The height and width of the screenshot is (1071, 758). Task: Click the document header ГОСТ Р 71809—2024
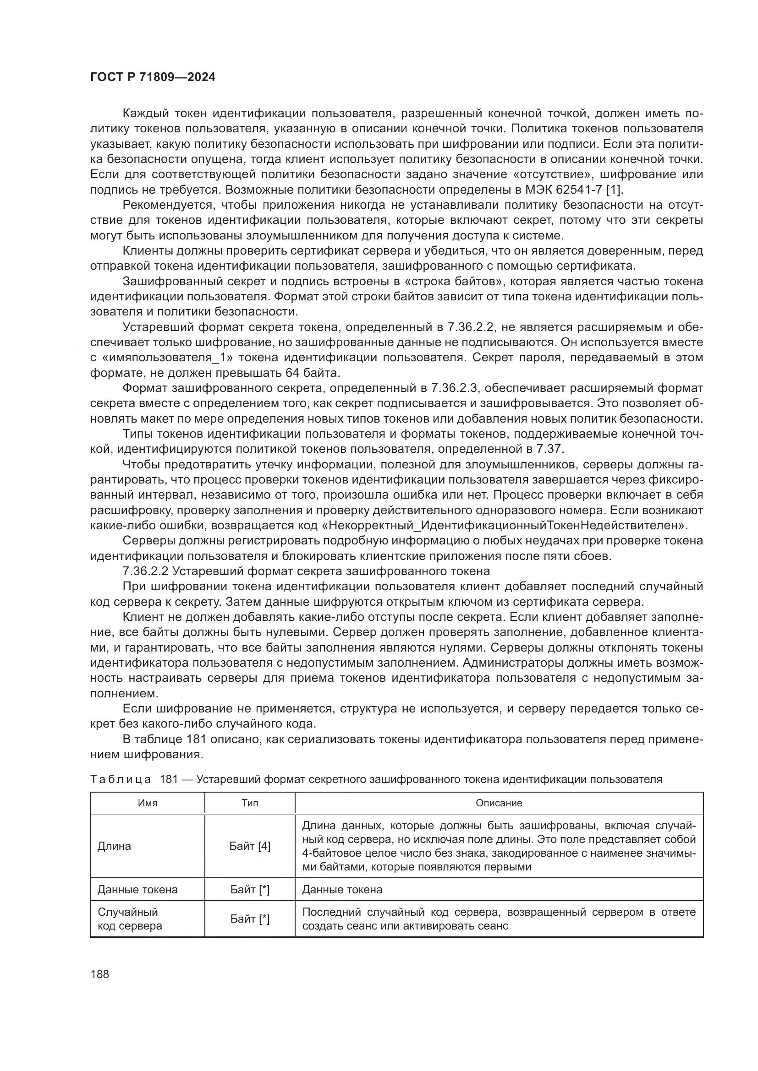click(x=153, y=77)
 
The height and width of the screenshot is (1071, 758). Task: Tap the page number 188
click(x=100, y=974)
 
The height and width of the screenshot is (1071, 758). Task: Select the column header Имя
click(x=148, y=803)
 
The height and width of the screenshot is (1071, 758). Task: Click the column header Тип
click(x=250, y=803)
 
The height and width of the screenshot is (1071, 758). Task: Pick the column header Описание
click(x=499, y=803)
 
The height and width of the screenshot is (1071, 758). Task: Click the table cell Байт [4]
click(x=250, y=846)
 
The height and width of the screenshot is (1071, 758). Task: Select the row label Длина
click(x=115, y=846)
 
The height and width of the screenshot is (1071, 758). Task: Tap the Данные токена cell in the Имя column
click(x=137, y=890)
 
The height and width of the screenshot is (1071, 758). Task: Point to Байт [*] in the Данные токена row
click(x=250, y=890)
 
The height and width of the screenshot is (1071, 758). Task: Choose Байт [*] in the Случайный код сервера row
click(x=250, y=919)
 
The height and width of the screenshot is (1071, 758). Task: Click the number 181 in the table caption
click(x=169, y=779)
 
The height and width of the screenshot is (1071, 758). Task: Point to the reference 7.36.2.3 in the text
click(x=452, y=388)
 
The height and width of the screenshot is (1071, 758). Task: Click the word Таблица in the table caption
click(x=121, y=779)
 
